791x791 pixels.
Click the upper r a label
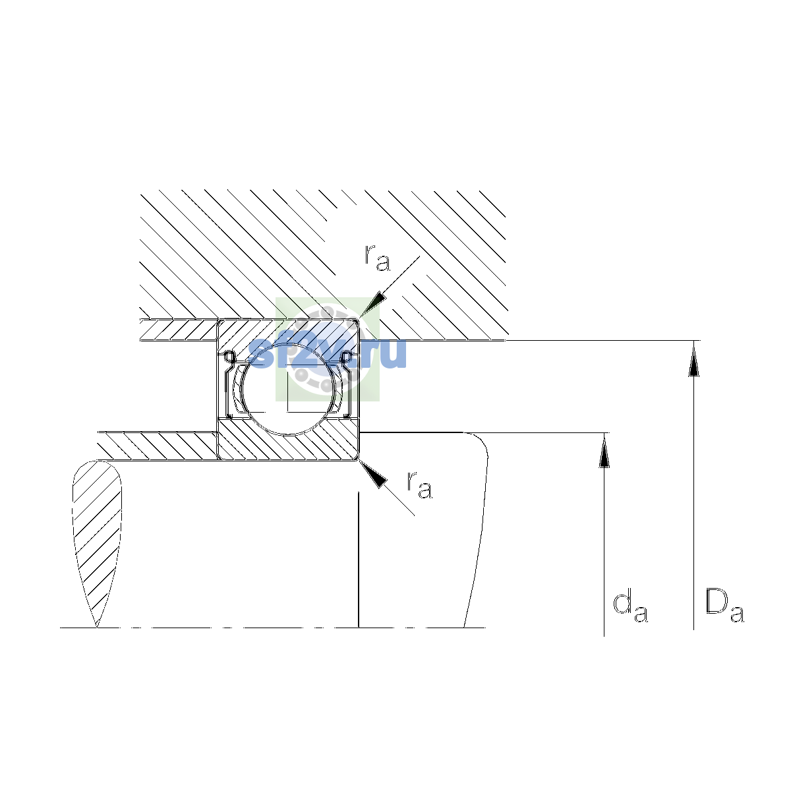click(377, 258)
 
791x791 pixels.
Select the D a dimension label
click(724, 607)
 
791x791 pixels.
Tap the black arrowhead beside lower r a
click(374, 474)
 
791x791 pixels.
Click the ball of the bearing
click(289, 390)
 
